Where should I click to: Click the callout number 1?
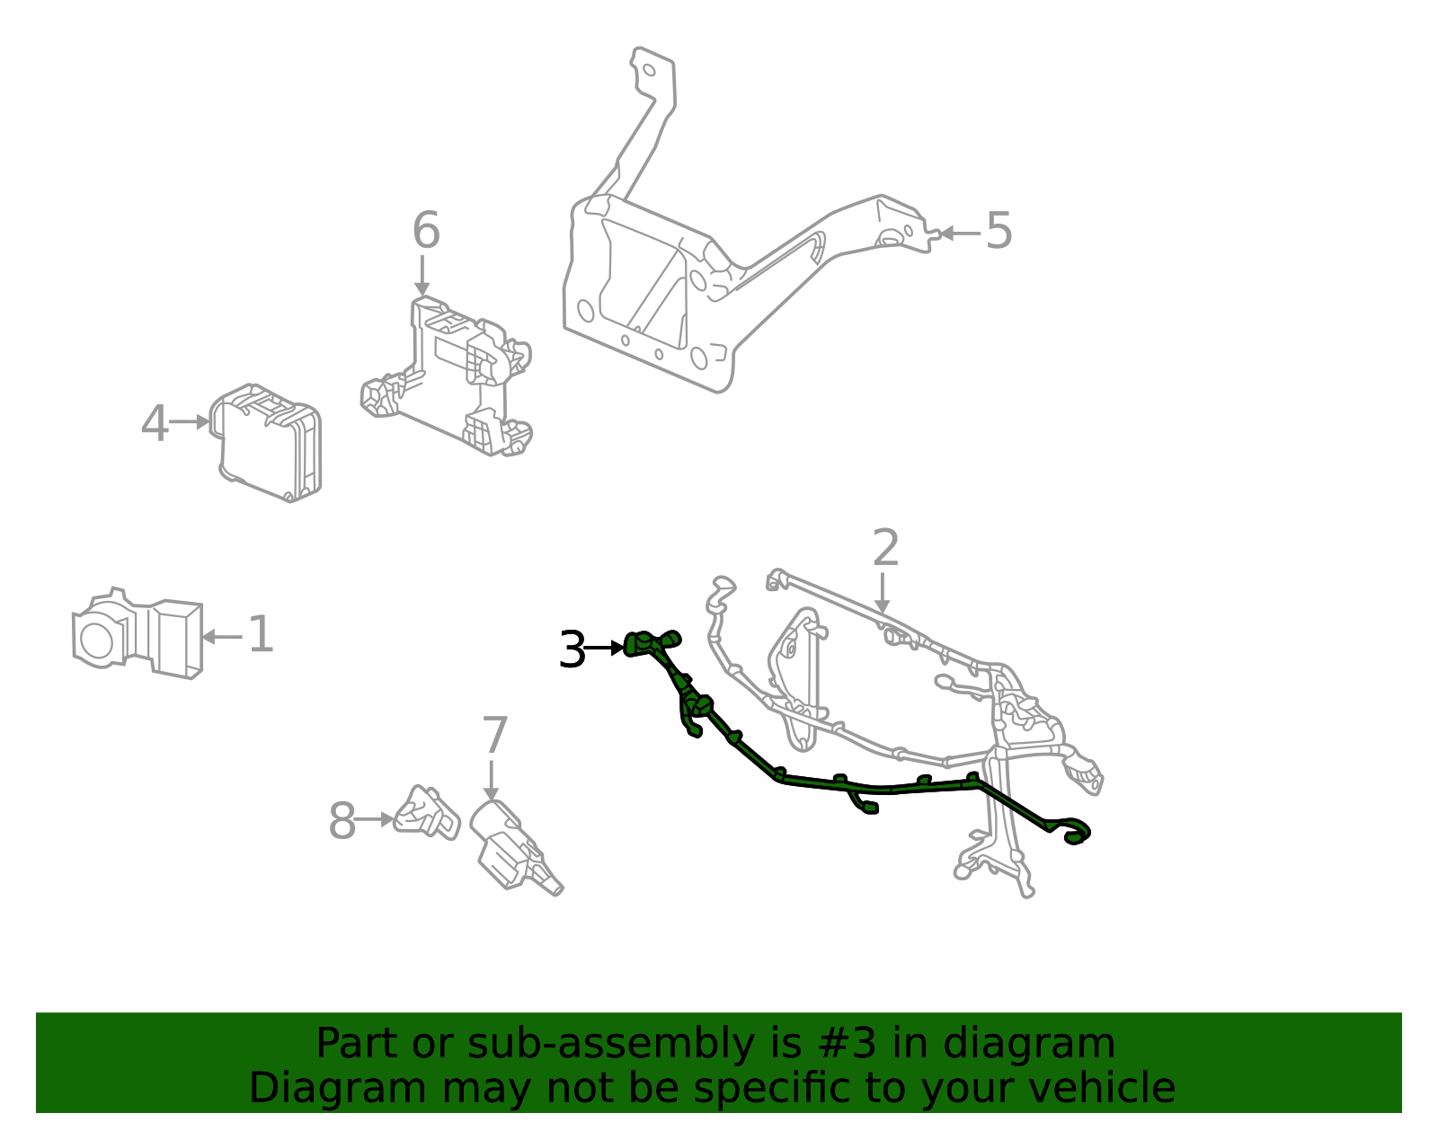pos(260,635)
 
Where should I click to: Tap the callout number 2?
pos(885,548)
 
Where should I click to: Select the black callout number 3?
pos(572,649)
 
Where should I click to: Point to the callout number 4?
pos(155,423)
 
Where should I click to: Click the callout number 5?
pos(999,231)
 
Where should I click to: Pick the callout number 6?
pos(426,231)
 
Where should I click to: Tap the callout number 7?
pos(494,736)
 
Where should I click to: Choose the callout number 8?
pos(342,821)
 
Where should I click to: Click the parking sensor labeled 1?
pos(139,635)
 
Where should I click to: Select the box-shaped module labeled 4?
pos(269,442)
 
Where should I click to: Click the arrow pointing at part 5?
pos(958,234)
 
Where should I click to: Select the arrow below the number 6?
pos(422,274)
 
